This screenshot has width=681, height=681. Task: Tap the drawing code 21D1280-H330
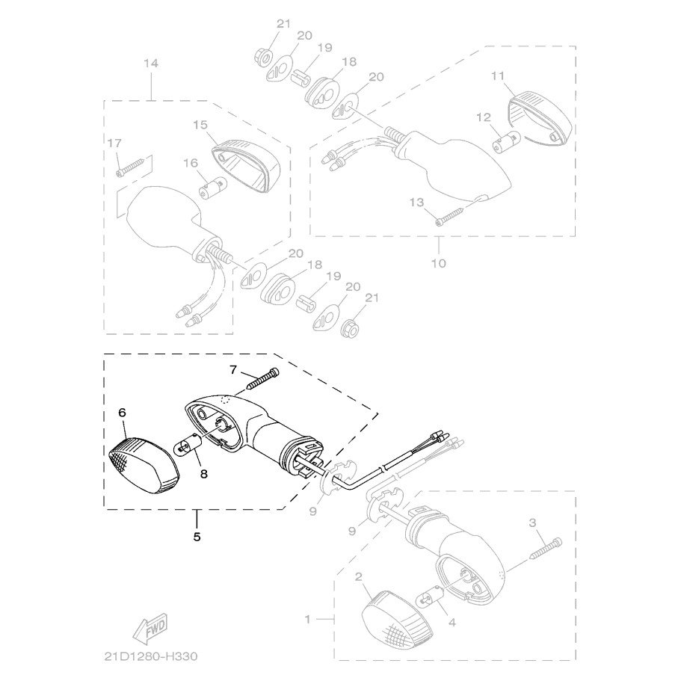pos(151,656)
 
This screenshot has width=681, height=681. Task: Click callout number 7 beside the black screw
pos(234,369)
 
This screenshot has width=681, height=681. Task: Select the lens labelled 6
pos(144,466)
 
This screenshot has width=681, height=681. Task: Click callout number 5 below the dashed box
pos(197,537)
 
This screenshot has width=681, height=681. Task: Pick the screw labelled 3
pos(546,549)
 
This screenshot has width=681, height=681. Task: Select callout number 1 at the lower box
pos(307,619)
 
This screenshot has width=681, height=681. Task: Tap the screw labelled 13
pos(450,217)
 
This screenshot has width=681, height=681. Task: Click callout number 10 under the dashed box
pos(439,263)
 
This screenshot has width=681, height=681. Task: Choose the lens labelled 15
pos(246,166)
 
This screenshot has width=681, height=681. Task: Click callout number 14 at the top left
pos(151,64)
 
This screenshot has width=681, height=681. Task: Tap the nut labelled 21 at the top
pos(263,58)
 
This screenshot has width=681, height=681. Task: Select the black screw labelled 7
pos(262,379)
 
